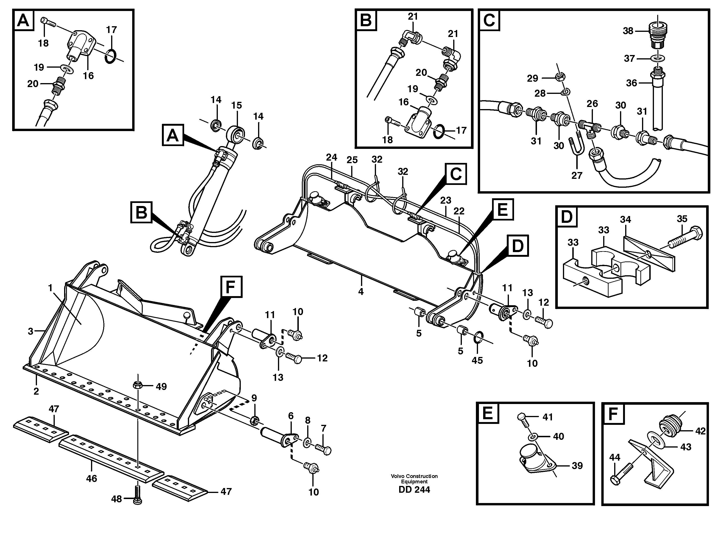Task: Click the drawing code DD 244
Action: pyautogui.click(x=414, y=490)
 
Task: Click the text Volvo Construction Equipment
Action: pyautogui.click(x=414, y=478)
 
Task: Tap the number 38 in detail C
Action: pyautogui.click(x=628, y=31)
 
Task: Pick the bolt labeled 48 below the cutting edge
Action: pyautogui.click(x=138, y=498)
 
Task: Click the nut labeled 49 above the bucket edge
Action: pyautogui.click(x=138, y=386)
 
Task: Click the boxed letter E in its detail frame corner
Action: pyautogui.click(x=488, y=414)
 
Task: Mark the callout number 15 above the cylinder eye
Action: pyautogui.click(x=237, y=105)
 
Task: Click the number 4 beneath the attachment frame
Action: pyautogui.click(x=361, y=292)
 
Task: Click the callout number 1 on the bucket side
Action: pyautogui.click(x=50, y=288)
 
